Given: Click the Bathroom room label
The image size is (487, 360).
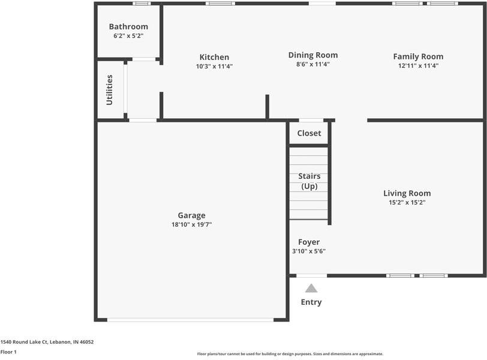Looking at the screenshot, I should coord(128,26).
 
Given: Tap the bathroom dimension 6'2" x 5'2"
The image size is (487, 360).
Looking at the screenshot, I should coord(128,36).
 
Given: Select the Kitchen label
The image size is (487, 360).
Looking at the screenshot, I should coord(214,57).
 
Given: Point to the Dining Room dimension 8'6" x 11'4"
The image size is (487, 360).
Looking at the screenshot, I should coord(312,64).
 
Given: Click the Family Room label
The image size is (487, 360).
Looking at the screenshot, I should coord(418,56).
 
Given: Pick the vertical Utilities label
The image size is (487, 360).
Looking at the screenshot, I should coord(109,90).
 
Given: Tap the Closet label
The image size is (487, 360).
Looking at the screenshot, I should coord(309,133).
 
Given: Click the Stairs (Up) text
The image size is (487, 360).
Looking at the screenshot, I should coord(309,181).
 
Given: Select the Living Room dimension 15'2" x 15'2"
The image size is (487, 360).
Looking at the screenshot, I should coord(407,203).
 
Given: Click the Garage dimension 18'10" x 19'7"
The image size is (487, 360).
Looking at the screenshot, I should coord(191,224).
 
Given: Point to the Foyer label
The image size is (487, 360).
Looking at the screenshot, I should coord(309,242).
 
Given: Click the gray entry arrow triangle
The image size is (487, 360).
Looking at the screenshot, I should coord(311,288).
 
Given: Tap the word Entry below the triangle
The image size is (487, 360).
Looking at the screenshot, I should coord(311,302).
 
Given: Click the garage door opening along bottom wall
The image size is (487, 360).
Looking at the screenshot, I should coord(190,320).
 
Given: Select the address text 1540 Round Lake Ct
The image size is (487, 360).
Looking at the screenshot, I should coord(47,342).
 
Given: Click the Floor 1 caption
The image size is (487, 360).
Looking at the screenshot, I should coord(8,352).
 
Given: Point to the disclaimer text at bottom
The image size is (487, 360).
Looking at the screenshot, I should coord(290,354).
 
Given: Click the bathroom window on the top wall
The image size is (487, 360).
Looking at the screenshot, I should coord(142,4).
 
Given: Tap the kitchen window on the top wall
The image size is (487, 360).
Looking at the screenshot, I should coord(220,4).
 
